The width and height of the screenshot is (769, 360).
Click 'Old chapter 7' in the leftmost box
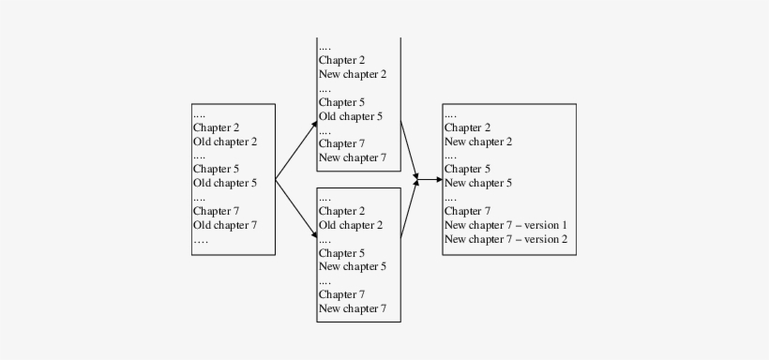pyautogui.click(x=225, y=225)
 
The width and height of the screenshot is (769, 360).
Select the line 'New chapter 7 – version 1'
pyautogui.click(x=505, y=225)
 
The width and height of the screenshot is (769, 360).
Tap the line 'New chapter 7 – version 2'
pyautogui.click(x=505, y=239)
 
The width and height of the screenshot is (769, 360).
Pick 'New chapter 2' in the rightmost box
pyautogui.click(x=478, y=142)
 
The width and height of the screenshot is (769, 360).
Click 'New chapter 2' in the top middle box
pyautogui.click(x=353, y=74)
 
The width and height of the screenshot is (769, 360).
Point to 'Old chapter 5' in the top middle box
pyautogui.click(x=351, y=116)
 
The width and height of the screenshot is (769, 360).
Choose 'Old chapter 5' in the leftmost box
pyautogui.click(x=225, y=183)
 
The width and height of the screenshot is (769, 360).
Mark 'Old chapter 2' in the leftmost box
pyautogui.click(x=225, y=142)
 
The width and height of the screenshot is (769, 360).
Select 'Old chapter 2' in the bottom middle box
pyautogui.click(x=351, y=225)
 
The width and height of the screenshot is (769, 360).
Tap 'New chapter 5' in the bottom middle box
pyautogui.click(x=353, y=266)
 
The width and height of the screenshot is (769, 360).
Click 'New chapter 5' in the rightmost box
pyautogui.click(x=478, y=183)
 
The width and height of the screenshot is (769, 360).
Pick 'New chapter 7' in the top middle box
pyautogui.click(x=353, y=157)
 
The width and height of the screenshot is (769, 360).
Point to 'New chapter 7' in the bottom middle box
pyautogui.click(x=353, y=308)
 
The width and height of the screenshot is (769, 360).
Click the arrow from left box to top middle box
pyautogui.click(x=297, y=149)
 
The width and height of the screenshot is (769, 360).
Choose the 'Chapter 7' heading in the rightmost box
pyautogui.click(x=467, y=211)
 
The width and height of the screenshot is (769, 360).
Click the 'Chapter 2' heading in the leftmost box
pyautogui.click(x=217, y=127)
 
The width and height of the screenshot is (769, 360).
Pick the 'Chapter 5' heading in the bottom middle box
pyautogui.click(x=341, y=252)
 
